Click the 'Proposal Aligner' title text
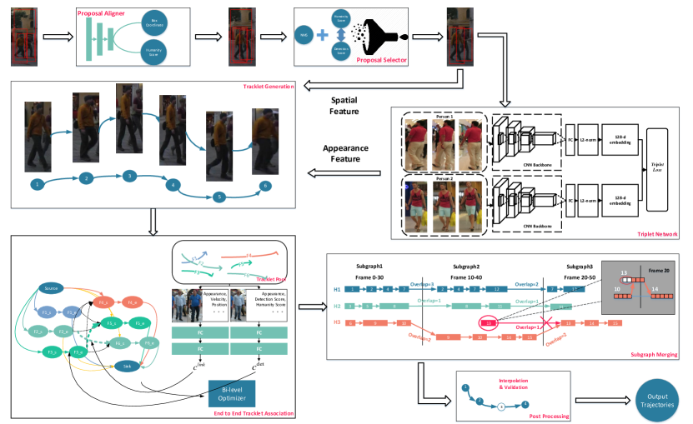tap(102, 14)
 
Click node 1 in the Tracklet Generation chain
tap(37, 183)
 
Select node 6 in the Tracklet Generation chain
tap(265, 186)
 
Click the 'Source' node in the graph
tap(50, 289)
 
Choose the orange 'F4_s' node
tap(104, 302)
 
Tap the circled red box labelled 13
tap(490, 322)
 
